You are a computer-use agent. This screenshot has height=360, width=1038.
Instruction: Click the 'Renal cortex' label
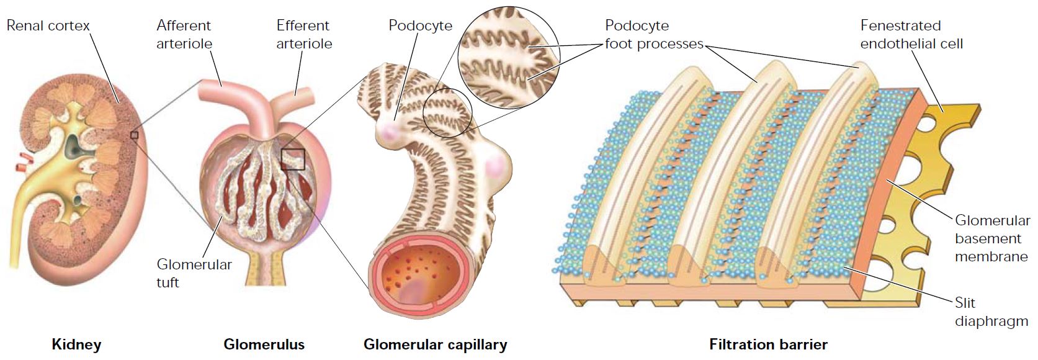(48, 25)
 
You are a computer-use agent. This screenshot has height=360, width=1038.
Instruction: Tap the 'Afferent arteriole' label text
(184, 35)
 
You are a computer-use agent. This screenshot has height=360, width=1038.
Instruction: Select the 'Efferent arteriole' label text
(304, 35)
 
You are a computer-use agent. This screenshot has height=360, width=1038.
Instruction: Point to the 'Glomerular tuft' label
(194, 273)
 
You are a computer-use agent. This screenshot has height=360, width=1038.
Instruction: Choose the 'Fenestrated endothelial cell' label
(911, 35)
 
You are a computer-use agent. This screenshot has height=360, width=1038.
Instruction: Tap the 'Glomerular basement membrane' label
(992, 238)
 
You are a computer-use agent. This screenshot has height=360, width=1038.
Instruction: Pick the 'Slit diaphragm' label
(991, 312)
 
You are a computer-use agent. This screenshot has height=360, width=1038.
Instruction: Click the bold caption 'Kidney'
(76, 344)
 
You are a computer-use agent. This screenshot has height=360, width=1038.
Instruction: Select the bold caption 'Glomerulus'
(264, 344)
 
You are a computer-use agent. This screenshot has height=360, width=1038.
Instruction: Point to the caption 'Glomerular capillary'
(435, 344)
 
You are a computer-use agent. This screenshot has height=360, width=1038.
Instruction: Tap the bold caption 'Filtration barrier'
(768, 344)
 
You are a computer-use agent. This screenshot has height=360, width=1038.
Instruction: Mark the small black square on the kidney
(134, 135)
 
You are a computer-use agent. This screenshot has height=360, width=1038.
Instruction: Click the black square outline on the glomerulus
(293, 160)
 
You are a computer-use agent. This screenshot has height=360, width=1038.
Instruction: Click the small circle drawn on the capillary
(447, 112)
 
